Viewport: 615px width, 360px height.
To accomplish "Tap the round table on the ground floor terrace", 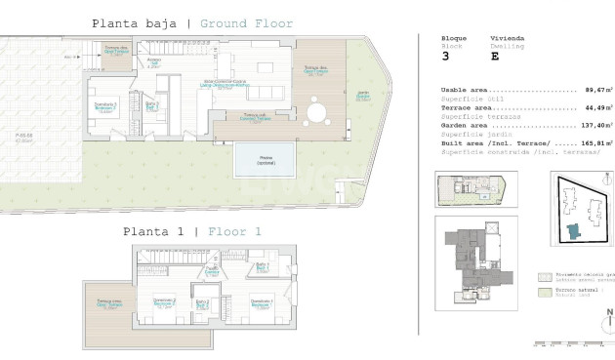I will [x=315, y=113].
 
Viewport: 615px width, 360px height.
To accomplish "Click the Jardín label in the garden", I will [x=362, y=96].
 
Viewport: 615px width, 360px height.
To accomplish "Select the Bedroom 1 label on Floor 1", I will [x=260, y=302].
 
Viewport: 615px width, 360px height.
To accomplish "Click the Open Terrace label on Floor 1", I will [x=109, y=302].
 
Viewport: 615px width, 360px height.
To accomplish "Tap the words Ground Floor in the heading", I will [x=246, y=23].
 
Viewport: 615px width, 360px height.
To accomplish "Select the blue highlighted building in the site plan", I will [x=573, y=229].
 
